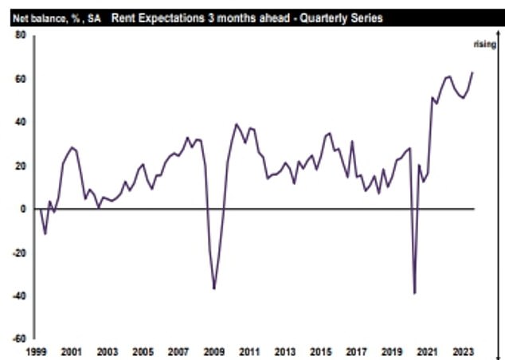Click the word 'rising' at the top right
point(485,45)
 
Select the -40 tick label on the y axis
point(19,295)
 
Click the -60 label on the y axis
point(19,338)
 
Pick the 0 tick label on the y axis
point(24,209)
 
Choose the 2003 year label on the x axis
point(108,350)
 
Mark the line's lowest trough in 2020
point(415,294)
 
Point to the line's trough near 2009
point(214,288)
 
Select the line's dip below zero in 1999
point(45,234)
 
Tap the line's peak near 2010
point(236,124)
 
